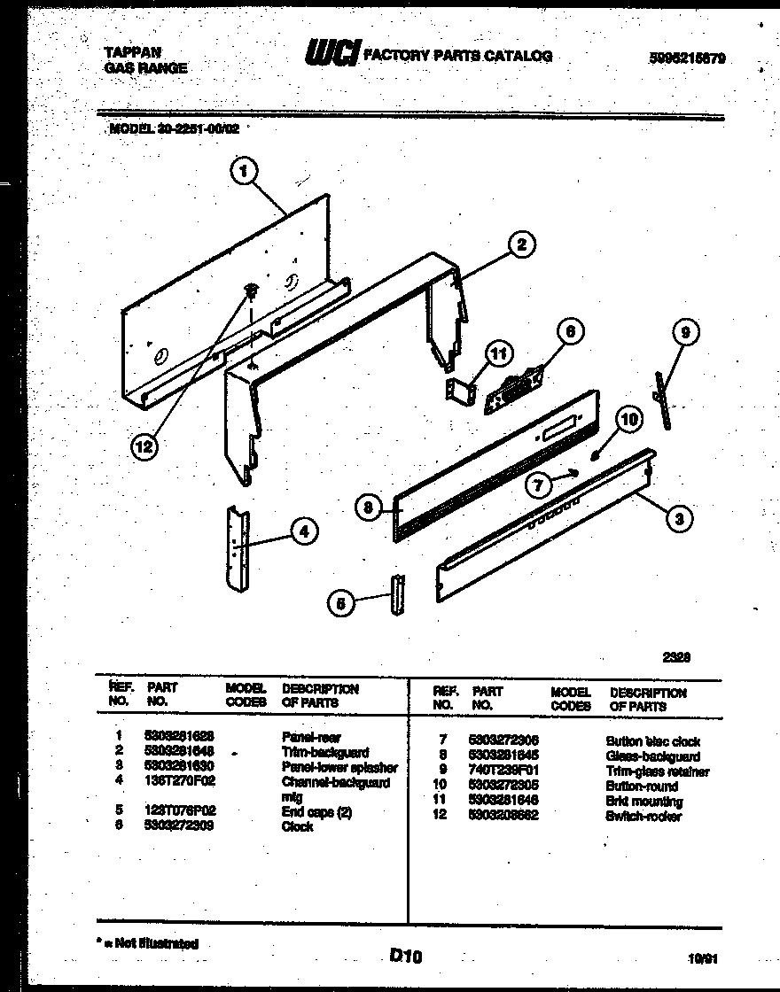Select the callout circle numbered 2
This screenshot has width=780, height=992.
[x=522, y=244]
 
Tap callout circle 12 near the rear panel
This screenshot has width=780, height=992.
[x=143, y=448]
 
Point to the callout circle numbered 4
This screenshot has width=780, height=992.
[x=303, y=531]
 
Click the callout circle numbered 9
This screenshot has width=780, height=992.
[x=684, y=333]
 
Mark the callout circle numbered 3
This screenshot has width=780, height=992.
[x=678, y=519]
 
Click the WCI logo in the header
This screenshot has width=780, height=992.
[x=332, y=55]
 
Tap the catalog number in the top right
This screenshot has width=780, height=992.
[x=685, y=58]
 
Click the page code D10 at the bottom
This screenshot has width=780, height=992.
[x=405, y=955]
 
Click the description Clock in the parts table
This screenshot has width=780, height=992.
[x=297, y=826]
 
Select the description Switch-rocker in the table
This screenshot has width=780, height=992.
[x=643, y=817]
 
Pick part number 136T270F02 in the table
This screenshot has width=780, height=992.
[x=179, y=782]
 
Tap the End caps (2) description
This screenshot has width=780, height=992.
[x=316, y=811]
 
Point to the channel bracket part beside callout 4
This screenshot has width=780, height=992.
[x=238, y=549]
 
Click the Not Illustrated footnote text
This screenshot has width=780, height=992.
[x=152, y=944]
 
